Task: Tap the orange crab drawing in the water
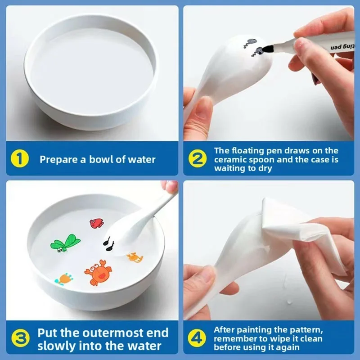[99, 272]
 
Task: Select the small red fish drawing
[96, 223]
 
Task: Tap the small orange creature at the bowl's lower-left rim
[64, 279]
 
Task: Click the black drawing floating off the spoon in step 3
[108, 243]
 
